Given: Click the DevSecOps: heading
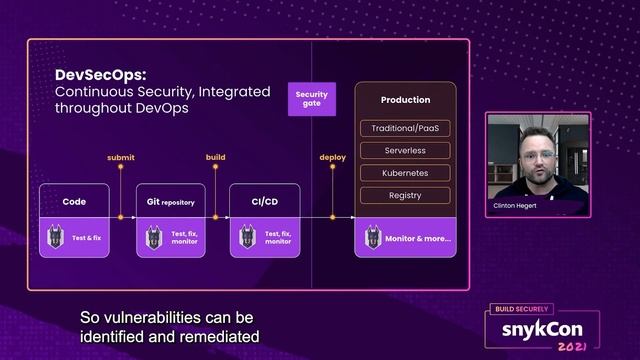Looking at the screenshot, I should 101,74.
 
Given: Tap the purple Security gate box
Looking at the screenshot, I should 311,99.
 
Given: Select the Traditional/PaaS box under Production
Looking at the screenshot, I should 405,129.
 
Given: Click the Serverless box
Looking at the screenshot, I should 405,151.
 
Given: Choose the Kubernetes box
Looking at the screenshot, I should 405,173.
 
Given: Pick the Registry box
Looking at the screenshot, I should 405,195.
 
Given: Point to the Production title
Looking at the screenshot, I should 405,100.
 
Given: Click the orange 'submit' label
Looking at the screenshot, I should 120,157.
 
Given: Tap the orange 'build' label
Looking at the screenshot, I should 215,157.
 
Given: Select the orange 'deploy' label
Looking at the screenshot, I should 332,157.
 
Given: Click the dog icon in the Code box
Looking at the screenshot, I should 57,238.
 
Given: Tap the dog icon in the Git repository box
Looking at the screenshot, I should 154,238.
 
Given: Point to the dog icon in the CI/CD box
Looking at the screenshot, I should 248,238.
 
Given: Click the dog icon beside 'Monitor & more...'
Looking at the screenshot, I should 374,238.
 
